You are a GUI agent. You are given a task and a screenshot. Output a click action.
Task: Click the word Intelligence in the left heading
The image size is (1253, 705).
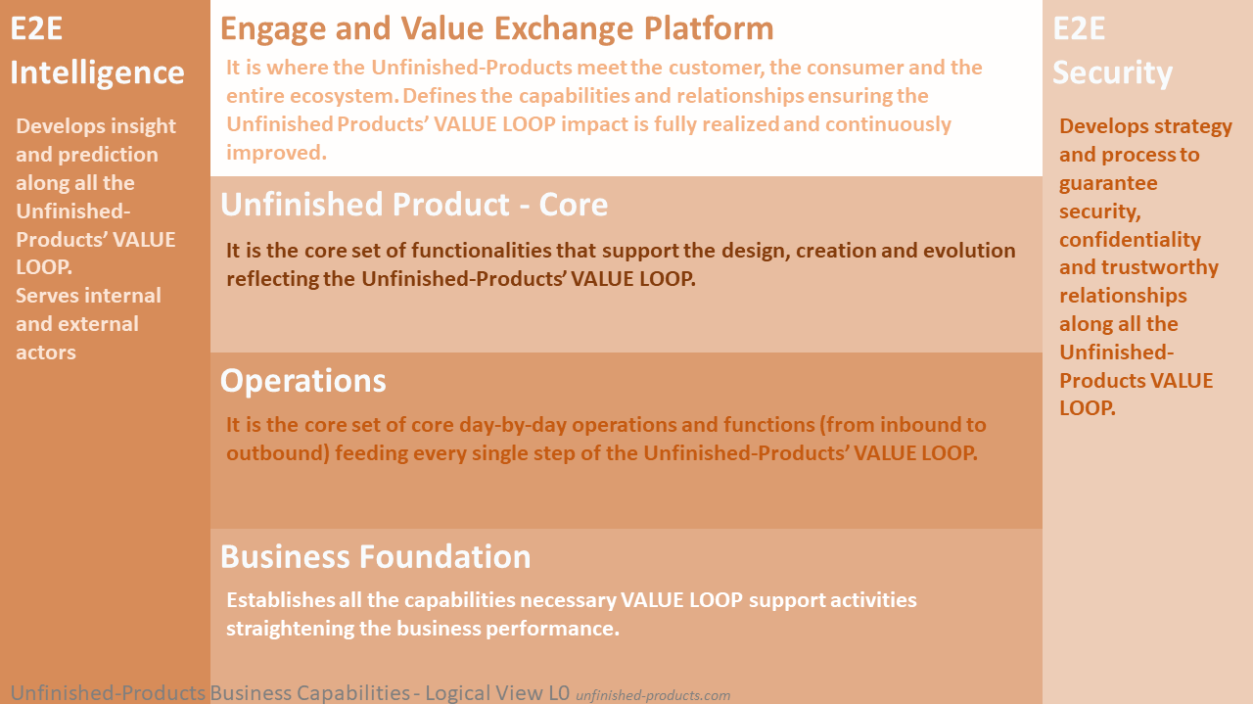(x=97, y=73)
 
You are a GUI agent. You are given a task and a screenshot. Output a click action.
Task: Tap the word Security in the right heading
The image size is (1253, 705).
(x=1112, y=73)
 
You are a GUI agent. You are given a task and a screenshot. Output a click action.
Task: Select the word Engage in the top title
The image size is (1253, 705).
(x=273, y=29)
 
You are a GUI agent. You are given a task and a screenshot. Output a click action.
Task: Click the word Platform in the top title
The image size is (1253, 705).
(x=709, y=28)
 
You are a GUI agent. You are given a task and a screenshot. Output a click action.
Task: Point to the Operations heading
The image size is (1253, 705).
(x=303, y=382)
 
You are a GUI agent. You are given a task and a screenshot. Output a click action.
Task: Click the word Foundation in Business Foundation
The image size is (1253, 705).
(x=444, y=557)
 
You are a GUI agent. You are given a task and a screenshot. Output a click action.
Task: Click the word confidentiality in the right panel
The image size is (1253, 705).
(x=1130, y=240)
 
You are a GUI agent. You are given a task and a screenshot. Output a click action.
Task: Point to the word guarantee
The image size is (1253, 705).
(x=1108, y=183)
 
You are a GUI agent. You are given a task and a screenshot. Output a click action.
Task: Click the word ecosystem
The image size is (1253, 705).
(x=344, y=96)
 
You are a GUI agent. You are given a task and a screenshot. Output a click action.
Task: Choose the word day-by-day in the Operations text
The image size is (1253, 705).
(x=512, y=425)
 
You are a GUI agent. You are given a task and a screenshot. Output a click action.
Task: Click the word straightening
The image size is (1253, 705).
(x=289, y=629)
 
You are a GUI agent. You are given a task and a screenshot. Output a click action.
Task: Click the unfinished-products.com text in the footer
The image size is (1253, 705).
(x=653, y=695)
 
